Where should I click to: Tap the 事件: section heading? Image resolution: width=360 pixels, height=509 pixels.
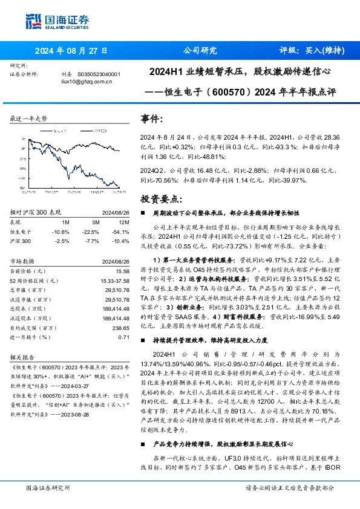pos(151,119)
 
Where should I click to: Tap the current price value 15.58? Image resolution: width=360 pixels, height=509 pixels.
pos(123,272)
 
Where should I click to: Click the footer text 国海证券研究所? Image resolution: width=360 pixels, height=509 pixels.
pos(45,488)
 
